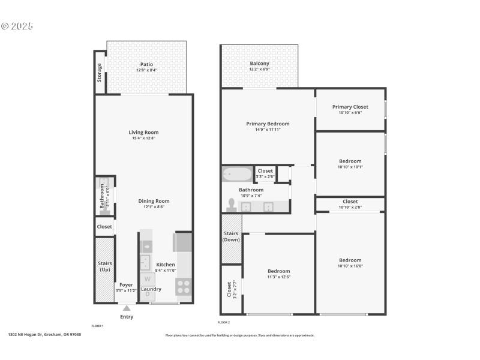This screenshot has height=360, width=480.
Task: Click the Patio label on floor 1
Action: coord(146,64)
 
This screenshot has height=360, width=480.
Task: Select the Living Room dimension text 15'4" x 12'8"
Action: coord(144,139)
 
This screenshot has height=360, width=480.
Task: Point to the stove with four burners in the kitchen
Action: coord(183,286)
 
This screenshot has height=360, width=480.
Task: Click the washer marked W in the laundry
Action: coord(147,279)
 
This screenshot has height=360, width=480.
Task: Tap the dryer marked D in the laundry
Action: coord(147,294)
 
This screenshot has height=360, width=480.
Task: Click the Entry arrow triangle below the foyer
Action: coord(127,308)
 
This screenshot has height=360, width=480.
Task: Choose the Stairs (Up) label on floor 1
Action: coord(104,266)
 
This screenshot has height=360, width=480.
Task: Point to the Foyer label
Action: coord(126,285)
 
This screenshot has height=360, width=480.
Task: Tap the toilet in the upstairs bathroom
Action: coord(231,205)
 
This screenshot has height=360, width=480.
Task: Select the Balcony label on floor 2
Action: coord(259,64)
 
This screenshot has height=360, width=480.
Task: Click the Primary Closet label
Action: coord(350,107)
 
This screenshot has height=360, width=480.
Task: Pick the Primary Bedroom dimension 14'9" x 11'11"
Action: coord(268,129)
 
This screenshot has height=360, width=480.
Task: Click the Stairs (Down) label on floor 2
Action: coord(231,236)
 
